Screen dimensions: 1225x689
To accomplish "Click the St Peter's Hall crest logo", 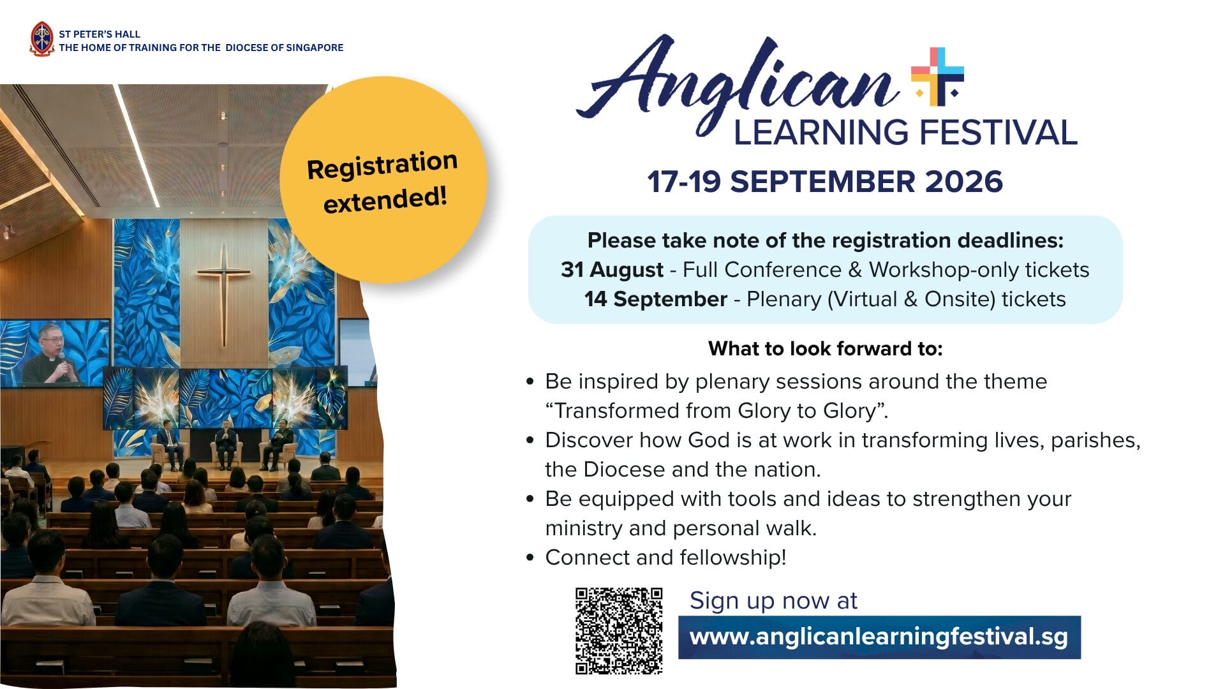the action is (42, 39).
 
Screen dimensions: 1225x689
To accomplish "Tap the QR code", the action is (619, 631).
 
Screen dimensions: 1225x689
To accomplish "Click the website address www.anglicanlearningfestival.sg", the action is (879, 637).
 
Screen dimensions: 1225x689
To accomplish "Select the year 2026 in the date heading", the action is (963, 182).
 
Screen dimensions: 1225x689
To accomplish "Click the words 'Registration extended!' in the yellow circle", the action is (383, 182).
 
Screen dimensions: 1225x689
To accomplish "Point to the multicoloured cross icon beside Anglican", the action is (937, 76).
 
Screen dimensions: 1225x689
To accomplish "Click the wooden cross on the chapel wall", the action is (224, 294).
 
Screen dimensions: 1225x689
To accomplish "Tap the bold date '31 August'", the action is (612, 270).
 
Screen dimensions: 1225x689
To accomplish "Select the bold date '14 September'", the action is (656, 299).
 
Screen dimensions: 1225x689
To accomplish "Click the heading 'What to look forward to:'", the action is (825, 348).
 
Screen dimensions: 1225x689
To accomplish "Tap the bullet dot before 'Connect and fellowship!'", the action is (530, 558).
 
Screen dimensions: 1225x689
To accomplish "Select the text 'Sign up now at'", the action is (773, 601).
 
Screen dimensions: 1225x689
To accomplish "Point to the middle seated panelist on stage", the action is (225, 446).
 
